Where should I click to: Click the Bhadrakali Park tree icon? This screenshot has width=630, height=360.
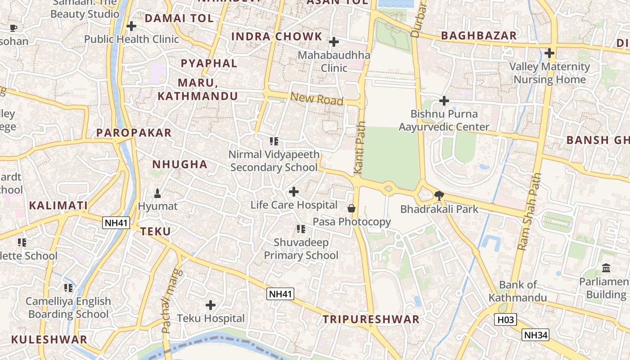coord(439,195)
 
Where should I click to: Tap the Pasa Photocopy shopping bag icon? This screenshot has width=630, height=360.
coord(351,208)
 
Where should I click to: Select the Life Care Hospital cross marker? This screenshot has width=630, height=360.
coord(294,192)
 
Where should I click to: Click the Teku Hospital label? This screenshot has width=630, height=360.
coord(211,318)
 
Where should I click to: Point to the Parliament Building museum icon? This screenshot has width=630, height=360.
coord(606,268)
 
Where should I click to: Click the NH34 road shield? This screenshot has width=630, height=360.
coord(535,335)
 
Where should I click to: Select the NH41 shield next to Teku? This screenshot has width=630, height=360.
coord(116,222)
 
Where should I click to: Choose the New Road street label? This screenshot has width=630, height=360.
coord(317,99)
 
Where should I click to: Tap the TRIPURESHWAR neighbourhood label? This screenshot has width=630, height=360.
coord(371,319)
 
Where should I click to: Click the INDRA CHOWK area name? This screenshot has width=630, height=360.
coord(277,36)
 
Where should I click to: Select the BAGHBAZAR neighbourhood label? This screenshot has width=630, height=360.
coord(479,36)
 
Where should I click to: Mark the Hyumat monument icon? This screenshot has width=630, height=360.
coord(157,193)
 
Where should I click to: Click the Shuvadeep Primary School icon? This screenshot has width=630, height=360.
coord(301,229)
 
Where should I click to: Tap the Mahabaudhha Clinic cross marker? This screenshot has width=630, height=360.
coord(333,42)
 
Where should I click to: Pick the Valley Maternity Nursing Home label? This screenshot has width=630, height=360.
coord(549,73)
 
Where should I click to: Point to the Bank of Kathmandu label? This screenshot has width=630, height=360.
coord(518,291)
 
